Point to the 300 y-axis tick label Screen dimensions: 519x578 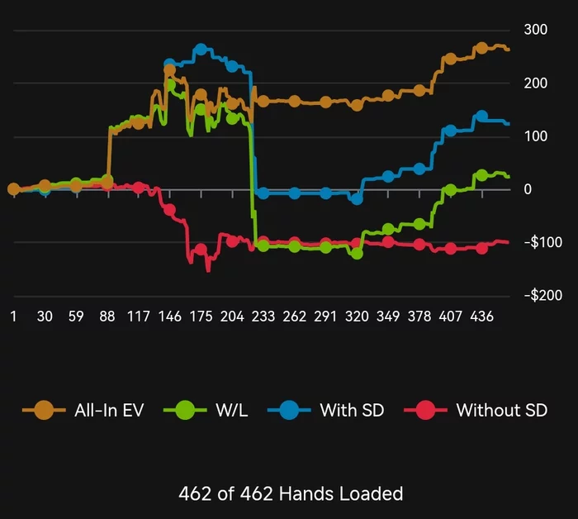pos(536,30)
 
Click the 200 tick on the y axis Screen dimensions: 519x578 pos(536,83)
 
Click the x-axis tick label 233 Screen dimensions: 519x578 pos(263,317)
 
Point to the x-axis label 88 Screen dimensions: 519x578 pos(107,317)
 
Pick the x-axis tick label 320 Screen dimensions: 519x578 pos(357,317)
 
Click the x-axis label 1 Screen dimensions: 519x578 pos(13,317)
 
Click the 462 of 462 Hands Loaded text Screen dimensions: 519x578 pos(291,493)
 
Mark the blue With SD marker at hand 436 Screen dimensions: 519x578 pos(481,117)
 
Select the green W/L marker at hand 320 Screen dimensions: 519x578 pos(357,254)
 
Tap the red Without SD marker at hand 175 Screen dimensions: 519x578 pos(201,249)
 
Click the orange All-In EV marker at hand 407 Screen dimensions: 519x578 pos(451,60)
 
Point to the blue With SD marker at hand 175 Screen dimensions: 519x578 pos(201,50)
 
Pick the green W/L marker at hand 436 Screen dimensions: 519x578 pos(481,175)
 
